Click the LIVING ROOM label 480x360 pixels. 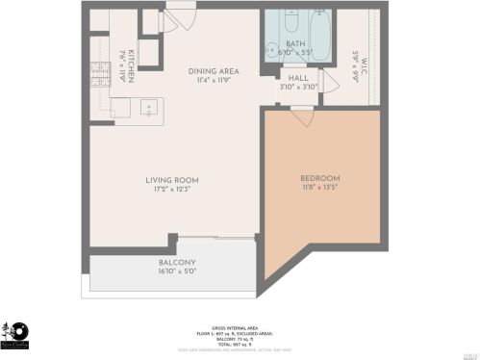tap(172, 180)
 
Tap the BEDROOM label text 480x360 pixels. tap(319, 179)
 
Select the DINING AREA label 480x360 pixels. tap(214, 71)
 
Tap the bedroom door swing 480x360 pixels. tap(302, 116)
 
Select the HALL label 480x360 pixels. tap(297, 78)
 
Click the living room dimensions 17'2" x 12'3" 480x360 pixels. tap(172, 190)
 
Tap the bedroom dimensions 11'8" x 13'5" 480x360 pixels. tap(319, 189)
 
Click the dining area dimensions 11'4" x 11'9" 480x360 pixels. tap(214, 81)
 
